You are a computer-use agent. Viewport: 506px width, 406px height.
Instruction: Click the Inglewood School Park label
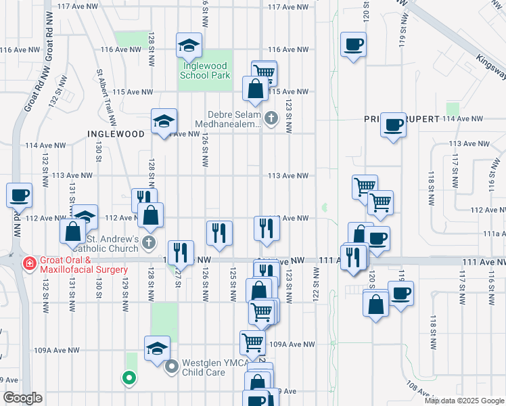click(x=203, y=71)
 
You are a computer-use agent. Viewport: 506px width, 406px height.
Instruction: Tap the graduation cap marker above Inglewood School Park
click(x=189, y=45)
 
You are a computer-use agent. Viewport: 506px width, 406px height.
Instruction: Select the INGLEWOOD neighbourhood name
click(x=116, y=134)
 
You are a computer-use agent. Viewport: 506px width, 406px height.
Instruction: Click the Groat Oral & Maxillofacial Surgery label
click(x=85, y=265)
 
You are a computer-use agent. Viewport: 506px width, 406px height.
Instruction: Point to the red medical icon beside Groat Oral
click(x=29, y=263)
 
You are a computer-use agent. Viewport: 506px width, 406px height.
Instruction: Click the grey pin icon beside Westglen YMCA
click(x=172, y=367)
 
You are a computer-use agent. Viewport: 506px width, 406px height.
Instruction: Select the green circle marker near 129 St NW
click(x=127, y=378)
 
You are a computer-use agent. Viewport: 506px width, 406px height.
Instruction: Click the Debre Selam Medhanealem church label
click(x=227, y=119)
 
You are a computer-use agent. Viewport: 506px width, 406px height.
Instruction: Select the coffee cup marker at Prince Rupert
click(x=393, y=125)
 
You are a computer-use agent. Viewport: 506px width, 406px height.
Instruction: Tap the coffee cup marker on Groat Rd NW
click(x=19, y=195)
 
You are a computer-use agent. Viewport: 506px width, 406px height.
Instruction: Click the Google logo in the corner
click(x=22, y=398)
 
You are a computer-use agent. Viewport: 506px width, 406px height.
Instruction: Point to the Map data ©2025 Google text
click(x=463, y=401)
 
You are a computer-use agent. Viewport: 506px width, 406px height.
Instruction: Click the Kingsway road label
click(x=490, y=68)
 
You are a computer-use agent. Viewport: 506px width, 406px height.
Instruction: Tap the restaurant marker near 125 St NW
click(x=219, y=233)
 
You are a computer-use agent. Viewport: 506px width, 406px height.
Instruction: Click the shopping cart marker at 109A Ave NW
click(x=252, y=342)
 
